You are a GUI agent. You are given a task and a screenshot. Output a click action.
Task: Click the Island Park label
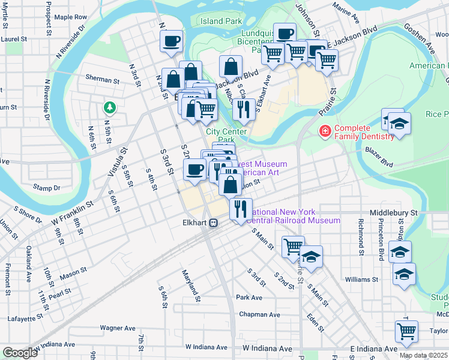[x=221, y=21]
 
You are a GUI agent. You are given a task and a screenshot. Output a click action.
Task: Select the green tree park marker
[x=109, y=107]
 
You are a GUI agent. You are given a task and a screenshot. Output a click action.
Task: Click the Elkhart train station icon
[x=214, y=222]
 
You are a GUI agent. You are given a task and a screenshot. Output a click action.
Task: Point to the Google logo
[x=20, y=353]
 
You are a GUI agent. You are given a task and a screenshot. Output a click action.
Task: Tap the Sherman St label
[x=102, y=79]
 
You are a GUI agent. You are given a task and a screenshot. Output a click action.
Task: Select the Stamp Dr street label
[x=47, y=188]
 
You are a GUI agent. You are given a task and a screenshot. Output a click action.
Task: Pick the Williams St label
[x=361, y=279]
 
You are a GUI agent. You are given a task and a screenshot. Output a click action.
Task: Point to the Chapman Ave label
[x=259, y=314]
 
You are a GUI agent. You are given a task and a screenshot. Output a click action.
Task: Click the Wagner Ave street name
[x=118, y=328]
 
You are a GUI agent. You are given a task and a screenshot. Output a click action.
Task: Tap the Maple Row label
[x=71, y=17]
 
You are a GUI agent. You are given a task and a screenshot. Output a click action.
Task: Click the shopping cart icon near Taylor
[x=406, y=331]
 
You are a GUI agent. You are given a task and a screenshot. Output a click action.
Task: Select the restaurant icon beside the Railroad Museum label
[x=240, y=209]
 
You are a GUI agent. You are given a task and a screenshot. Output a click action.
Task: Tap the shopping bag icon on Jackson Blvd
[x=231, y=67]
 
